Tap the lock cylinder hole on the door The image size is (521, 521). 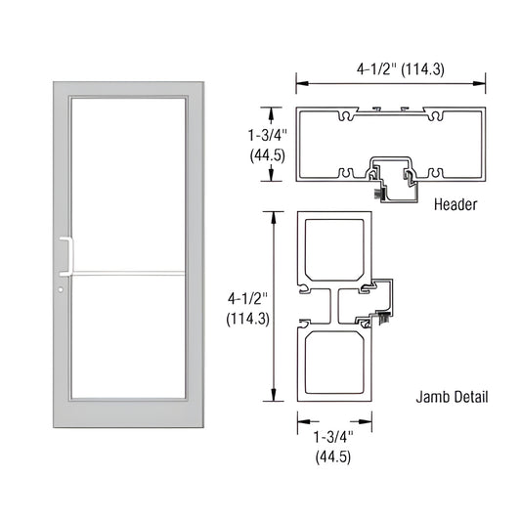click(x=61, y=290)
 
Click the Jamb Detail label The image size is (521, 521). click(x=453, y=398)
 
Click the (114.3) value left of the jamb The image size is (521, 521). click(x=249, y=319)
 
